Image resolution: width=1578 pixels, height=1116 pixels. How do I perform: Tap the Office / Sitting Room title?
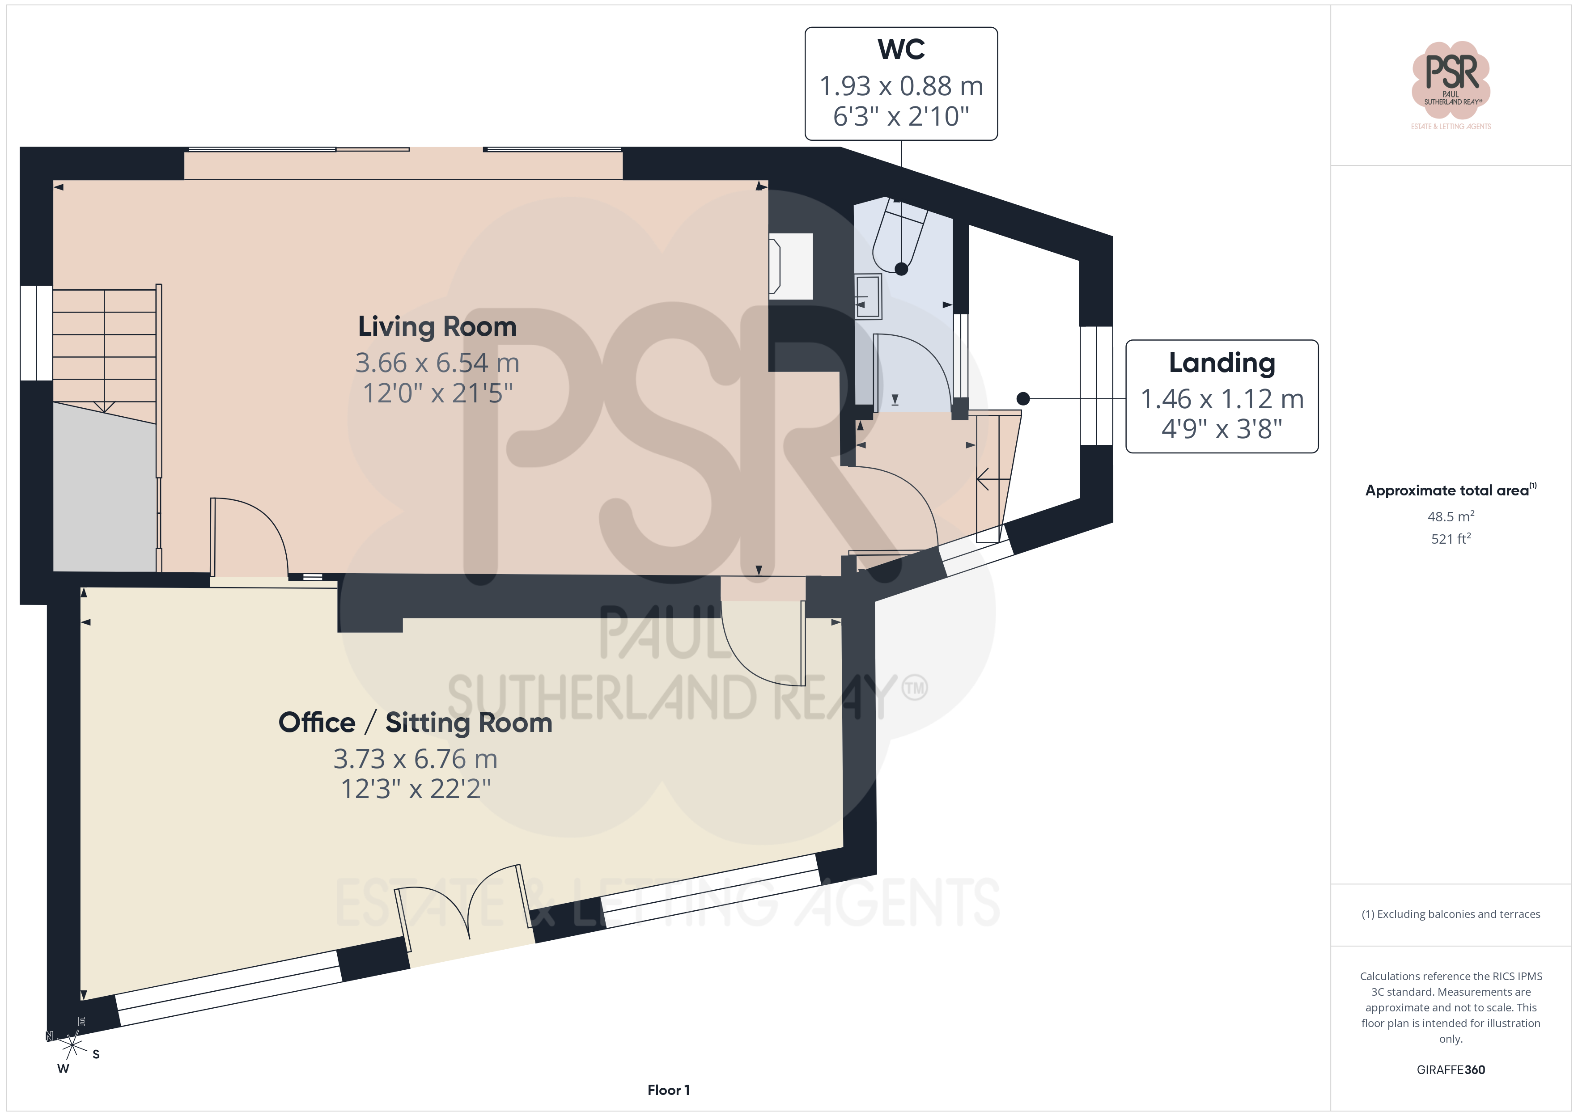415,723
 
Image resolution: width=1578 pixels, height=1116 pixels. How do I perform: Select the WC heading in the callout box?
901,50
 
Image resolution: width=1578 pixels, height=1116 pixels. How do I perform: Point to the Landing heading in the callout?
1222,363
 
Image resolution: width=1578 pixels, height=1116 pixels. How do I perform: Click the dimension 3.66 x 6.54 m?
437,363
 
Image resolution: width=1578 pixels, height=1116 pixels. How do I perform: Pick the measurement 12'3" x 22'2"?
416,789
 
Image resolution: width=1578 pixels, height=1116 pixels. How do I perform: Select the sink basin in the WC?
868,296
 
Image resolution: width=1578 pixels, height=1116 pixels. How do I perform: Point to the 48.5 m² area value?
1451,516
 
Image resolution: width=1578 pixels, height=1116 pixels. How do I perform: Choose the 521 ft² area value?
1451,539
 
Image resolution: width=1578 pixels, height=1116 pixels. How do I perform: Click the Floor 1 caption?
668,1090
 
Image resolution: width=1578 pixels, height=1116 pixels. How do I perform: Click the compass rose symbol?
72,1045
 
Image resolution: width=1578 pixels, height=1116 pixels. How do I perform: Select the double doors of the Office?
465,903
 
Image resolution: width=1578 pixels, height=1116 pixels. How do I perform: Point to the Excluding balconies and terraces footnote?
1451,914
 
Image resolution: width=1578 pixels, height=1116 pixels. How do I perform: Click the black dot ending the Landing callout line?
1022,398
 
